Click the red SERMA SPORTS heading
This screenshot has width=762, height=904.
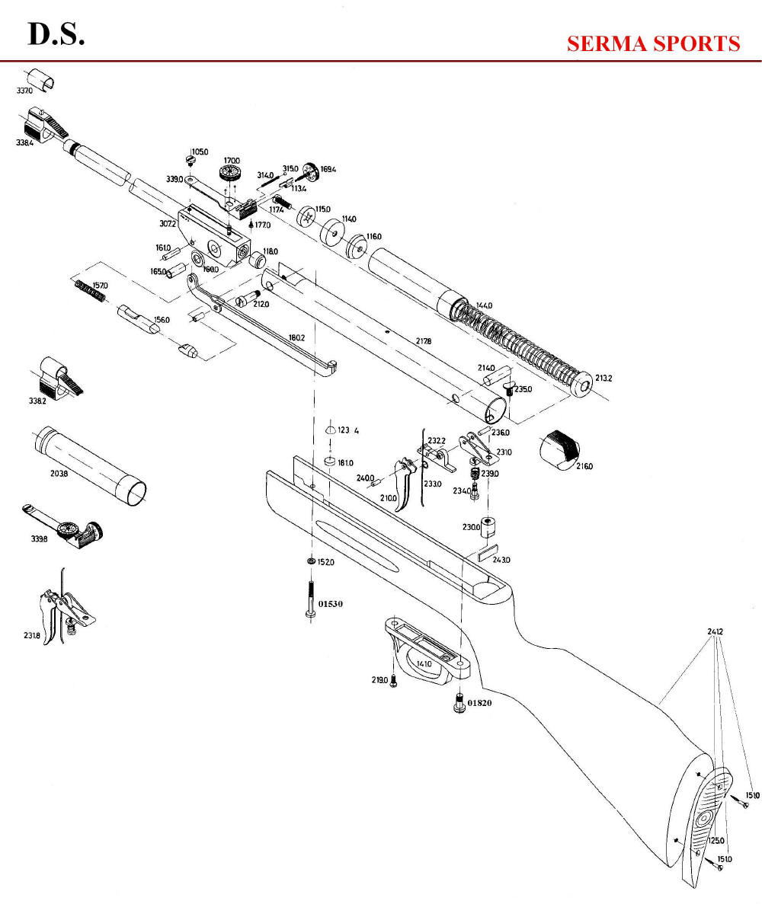pos(653,43)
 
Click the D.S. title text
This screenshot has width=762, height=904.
pos(56,35)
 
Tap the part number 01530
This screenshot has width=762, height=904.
pos(331,603)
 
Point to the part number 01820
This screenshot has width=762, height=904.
pos(479,703)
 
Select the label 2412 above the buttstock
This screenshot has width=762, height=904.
pos(715,631)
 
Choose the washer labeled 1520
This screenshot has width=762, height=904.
pos(310,562)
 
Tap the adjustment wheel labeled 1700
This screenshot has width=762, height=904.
pos(229,173)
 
